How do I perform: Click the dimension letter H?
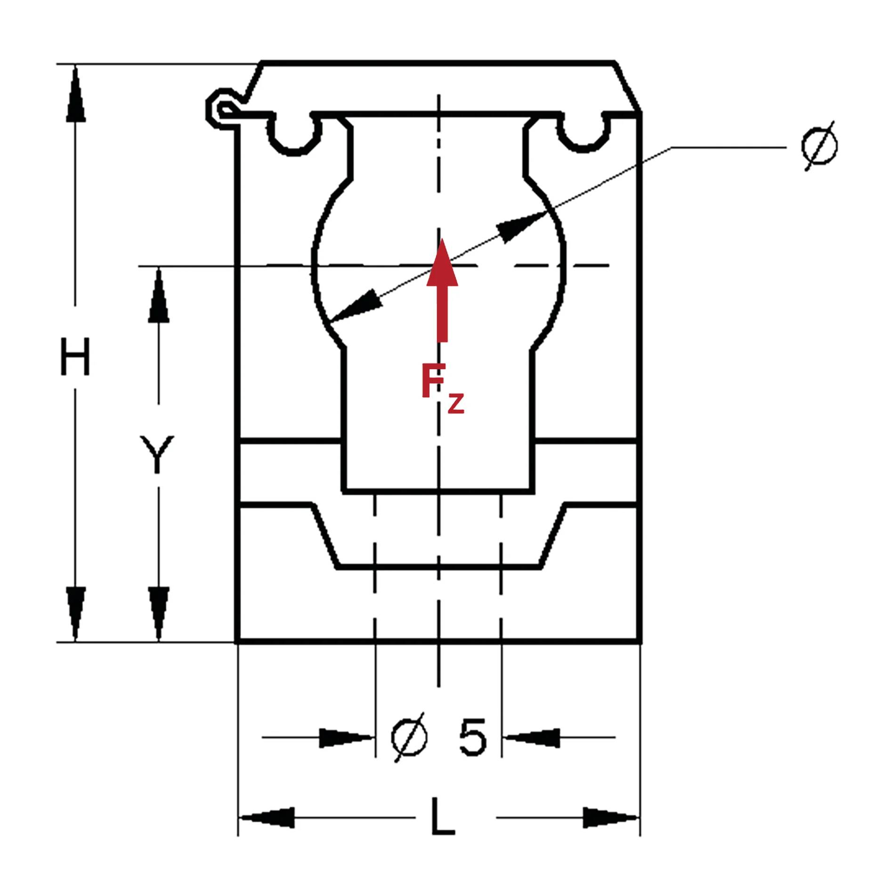(x=75, y=356)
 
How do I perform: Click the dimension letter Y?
(x=157, y=454)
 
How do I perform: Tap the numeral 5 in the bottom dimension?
(x=472, y=737)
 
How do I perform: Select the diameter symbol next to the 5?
(x=410, y=737)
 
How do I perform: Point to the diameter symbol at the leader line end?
(x=819, y=146)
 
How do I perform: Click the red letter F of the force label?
(x=433, y=380)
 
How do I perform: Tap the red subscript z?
(x=456, y=404)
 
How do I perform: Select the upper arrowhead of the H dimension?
(x=75, y=94)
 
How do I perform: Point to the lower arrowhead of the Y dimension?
(x=158, y=614)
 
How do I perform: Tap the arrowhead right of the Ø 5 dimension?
(x=531, y=738)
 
